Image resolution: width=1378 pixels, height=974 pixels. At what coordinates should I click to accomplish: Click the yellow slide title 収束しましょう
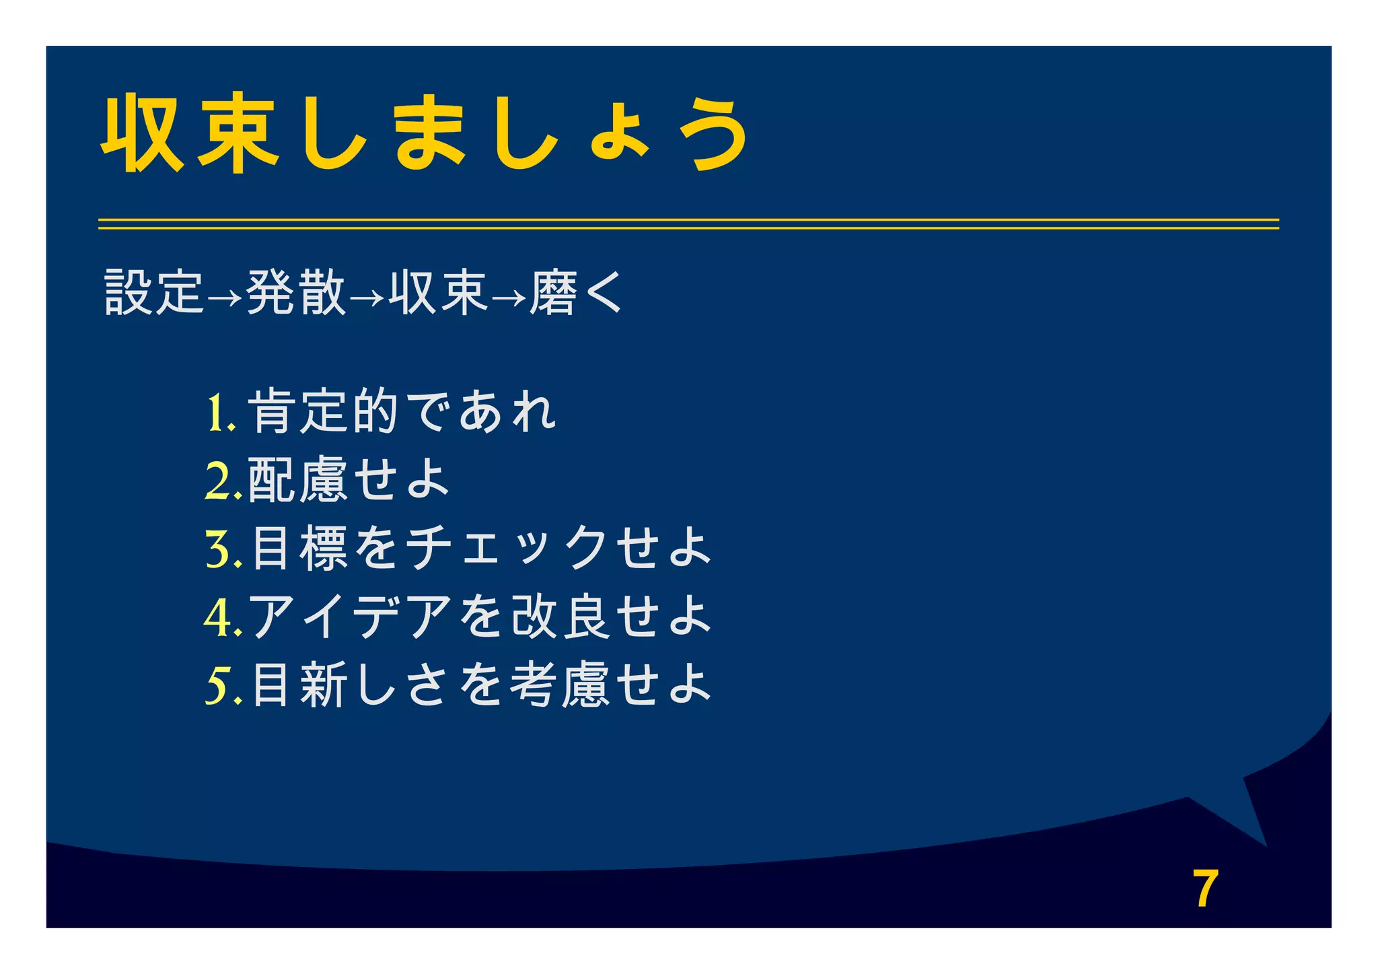click(x=424, y=133)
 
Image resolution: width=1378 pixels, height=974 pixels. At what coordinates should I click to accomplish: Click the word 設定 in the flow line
click(x=154, y=293)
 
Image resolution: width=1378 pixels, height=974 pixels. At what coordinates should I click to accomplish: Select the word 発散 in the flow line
click(x=296, y=293)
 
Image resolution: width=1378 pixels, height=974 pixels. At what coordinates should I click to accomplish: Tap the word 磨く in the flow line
click(x=576, y=293)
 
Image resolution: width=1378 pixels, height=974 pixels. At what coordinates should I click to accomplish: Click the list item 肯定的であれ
click(x=402, y=411)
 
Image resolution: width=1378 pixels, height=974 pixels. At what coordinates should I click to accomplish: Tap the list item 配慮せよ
click(x=349, y=479)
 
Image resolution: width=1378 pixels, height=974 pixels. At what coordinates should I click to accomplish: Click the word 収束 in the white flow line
click(x=438, y=293)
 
